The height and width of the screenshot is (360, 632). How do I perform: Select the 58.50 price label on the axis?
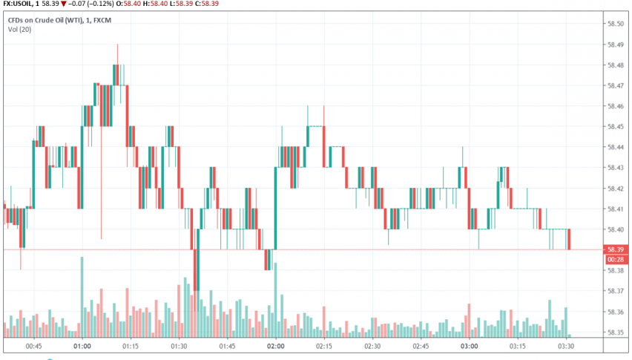pos(615,24)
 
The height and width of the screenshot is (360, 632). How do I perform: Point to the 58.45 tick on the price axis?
pos(615,126)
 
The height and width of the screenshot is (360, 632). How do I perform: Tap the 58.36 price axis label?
pos(615,312)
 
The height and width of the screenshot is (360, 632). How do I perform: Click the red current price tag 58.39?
pos(615,249)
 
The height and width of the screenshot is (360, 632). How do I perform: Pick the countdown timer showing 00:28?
pos(615,259)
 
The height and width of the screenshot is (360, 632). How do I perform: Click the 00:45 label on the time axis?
pos(33,346)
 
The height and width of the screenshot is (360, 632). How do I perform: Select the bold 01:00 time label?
pos(82,346)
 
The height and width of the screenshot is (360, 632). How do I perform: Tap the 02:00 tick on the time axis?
pos(276,346)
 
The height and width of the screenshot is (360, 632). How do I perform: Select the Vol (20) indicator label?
pos(19,30)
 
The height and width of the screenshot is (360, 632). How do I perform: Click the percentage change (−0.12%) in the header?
pos(99,4)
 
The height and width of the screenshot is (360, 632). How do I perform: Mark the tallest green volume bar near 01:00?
pos(82,297)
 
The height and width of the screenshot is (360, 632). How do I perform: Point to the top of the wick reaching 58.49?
pos(117,45)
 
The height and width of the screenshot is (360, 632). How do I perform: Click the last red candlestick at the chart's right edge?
pos(569,239)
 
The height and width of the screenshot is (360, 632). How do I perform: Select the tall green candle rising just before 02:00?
pos(276,208)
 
